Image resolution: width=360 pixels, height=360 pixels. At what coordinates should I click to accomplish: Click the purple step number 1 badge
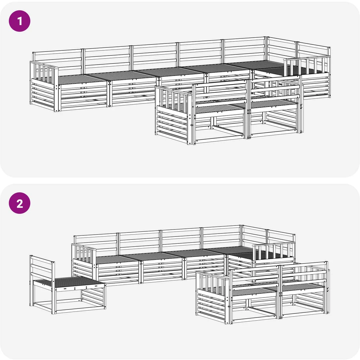tap(19, 21)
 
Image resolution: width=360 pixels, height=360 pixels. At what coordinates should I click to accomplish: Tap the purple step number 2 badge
tap(19, 203)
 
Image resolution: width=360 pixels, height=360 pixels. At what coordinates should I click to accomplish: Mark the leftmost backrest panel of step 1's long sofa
tap(57, 61)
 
